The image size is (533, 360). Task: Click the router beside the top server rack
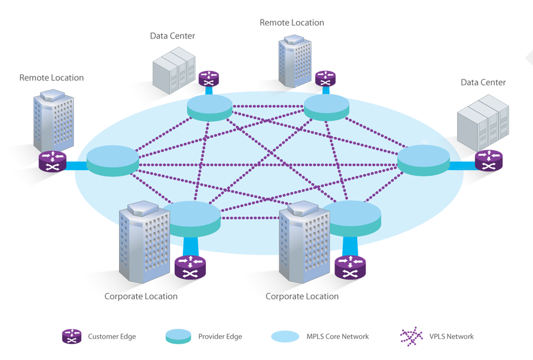click(208, 77)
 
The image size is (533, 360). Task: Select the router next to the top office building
click(324, 77)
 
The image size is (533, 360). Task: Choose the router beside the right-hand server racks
click(488, 159)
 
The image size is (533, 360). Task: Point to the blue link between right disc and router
click(462, 164)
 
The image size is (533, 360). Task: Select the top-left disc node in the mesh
click(210, 107)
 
